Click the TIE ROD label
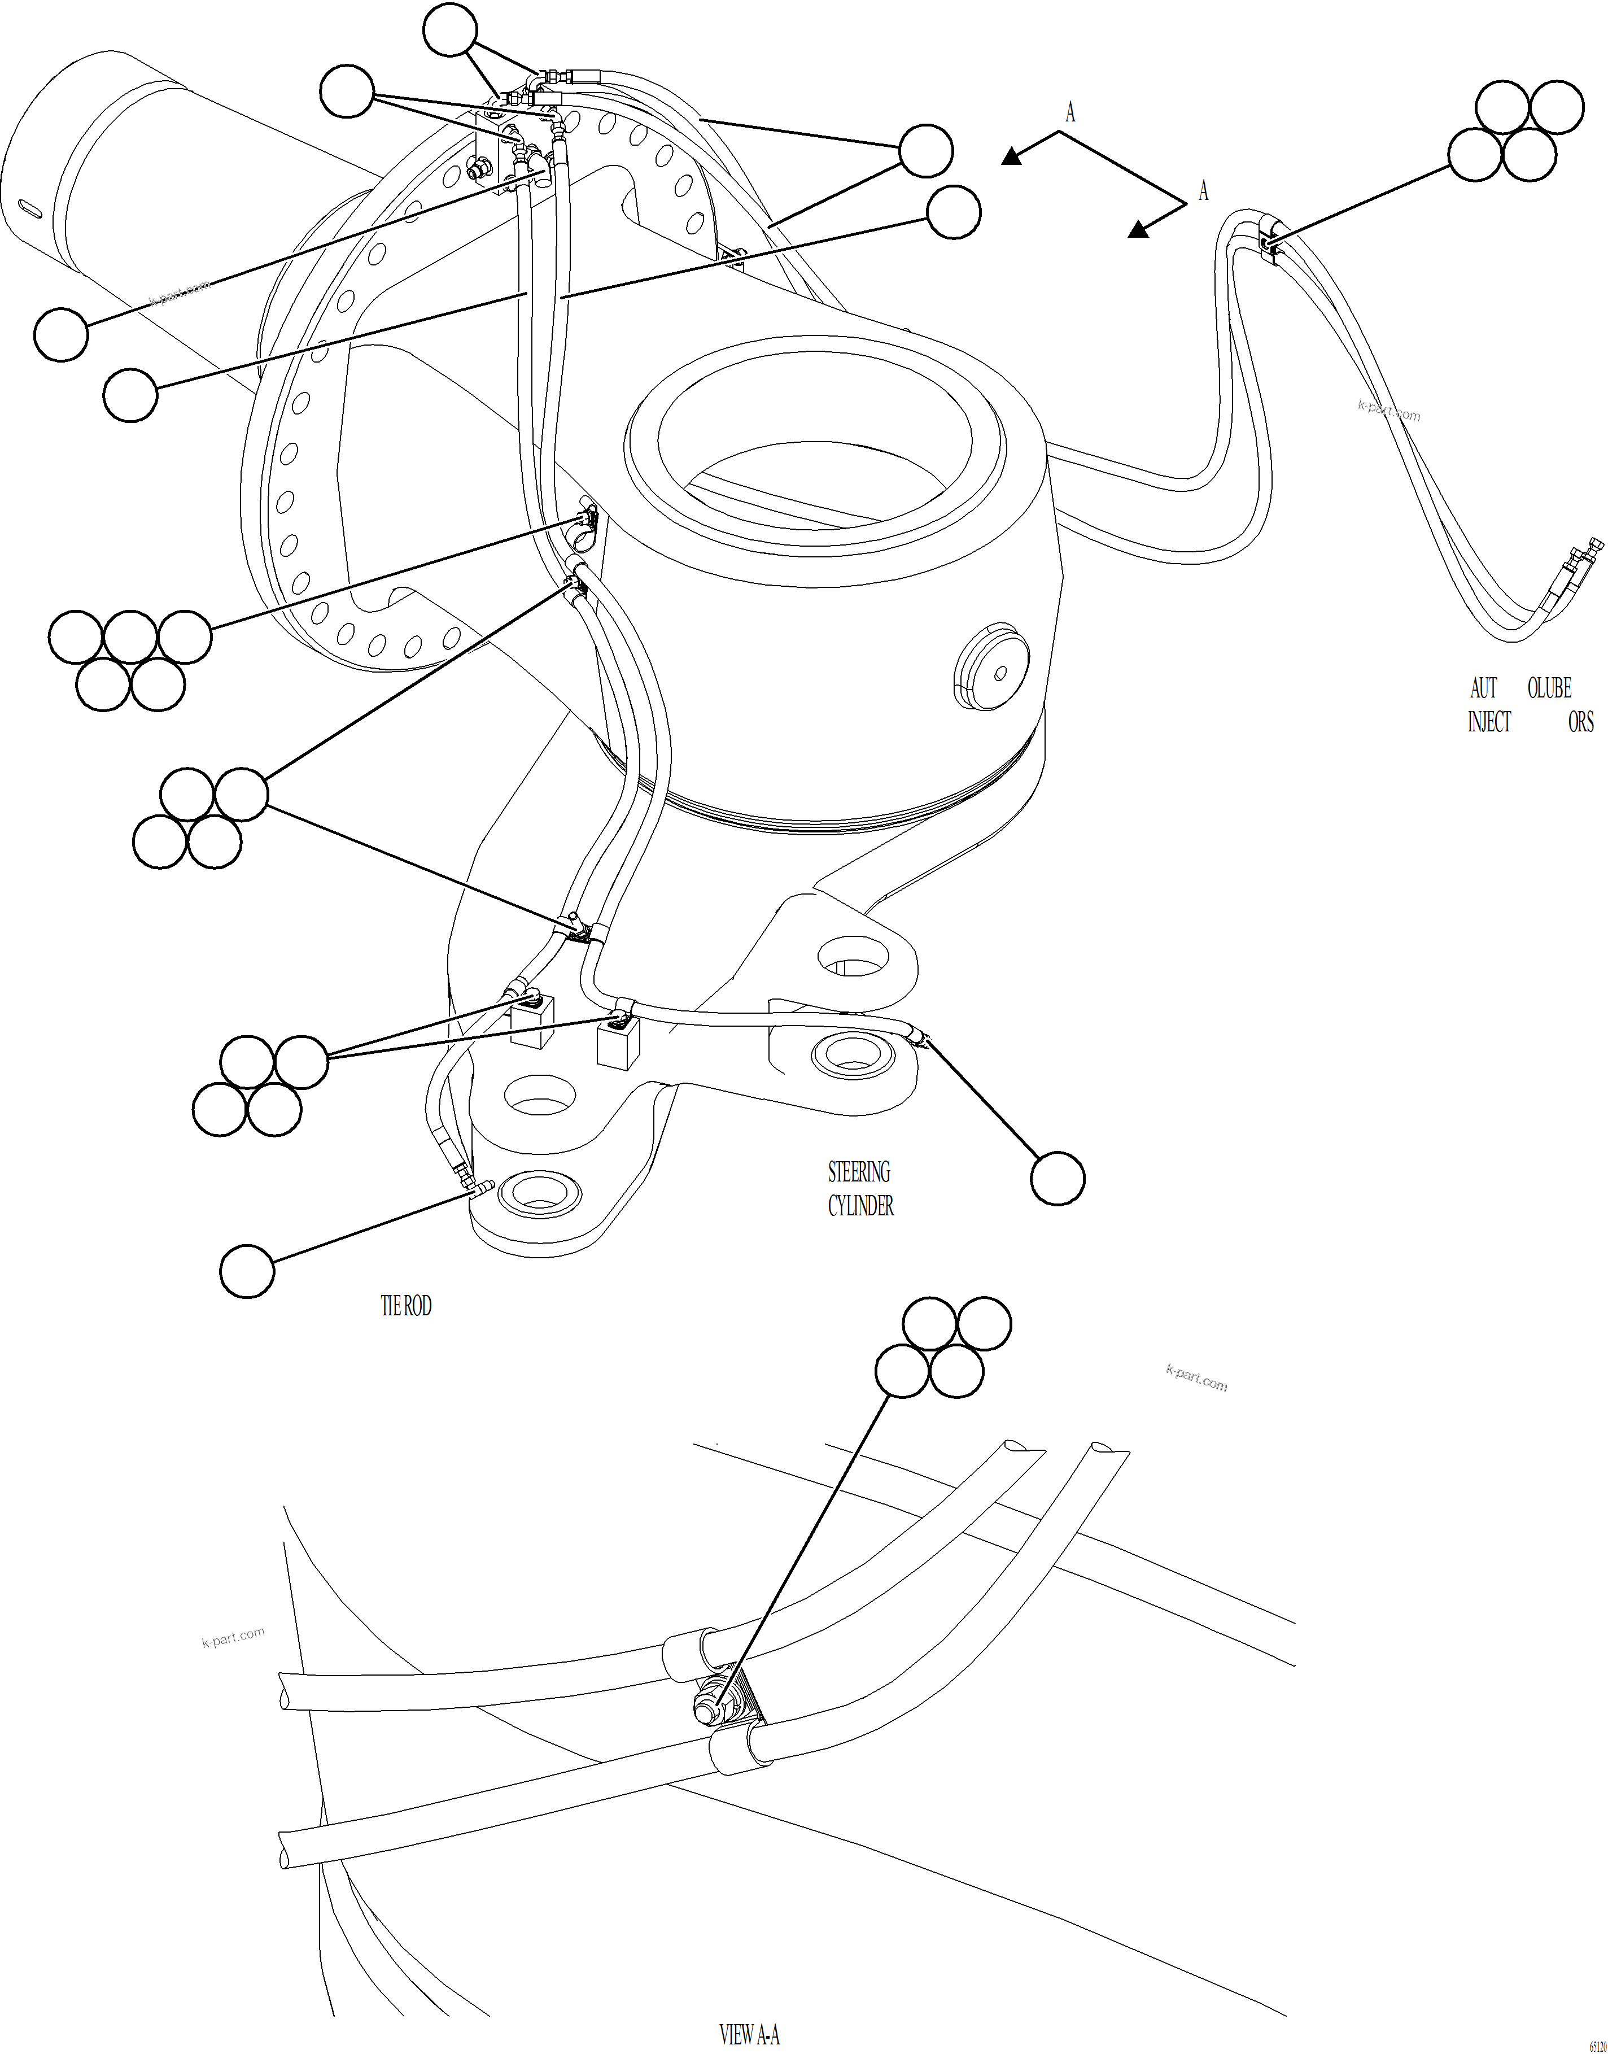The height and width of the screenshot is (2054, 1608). pos(406,1306)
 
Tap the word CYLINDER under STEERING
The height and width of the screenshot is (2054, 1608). pos(860,1206)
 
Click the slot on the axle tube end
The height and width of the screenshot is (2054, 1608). pos(32,209)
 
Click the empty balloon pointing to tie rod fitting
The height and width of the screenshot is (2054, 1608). pos(247,1271)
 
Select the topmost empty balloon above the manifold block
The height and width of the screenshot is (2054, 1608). pos(450,31)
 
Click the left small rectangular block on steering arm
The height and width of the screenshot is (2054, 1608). pos(530,1024)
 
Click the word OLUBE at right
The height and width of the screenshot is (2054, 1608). pos(1549,688)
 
